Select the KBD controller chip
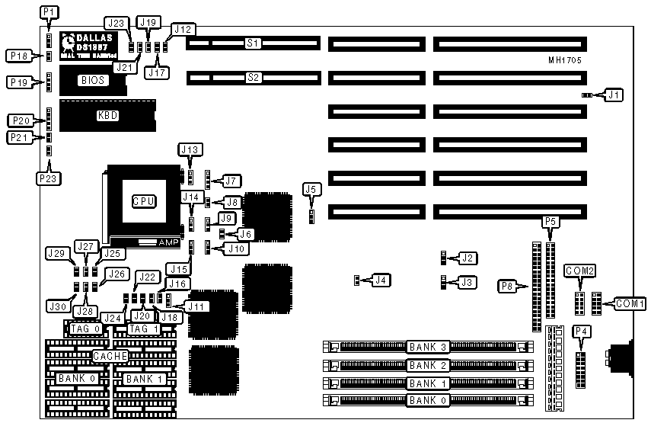[x=107, y=116]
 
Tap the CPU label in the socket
[x=144, y=201]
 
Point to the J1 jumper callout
[x=614, y=95]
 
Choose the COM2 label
[x=580, y=271]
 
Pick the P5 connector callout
[x=551, y=222]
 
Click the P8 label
[x=507, y=286]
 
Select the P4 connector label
[x=581, y=331]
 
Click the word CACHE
[x=110, y=356]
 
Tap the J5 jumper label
[x=310, y=188]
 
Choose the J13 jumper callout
[x=190, y=149]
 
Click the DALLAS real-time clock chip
[x=92, y=45]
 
